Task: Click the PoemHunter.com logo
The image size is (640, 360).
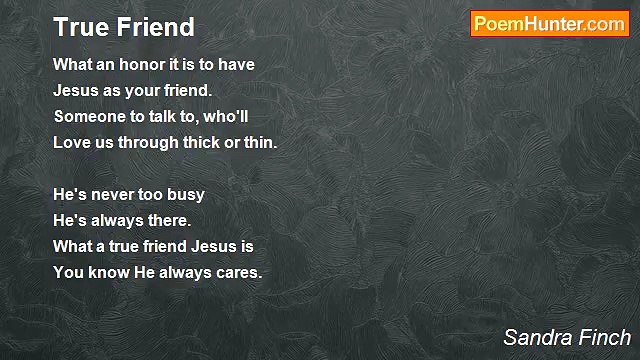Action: point(549,24)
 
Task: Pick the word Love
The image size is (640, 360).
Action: point(71,142)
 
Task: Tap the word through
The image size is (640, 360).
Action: point(145,142)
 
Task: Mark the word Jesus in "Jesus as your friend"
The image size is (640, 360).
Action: point(77,90)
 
